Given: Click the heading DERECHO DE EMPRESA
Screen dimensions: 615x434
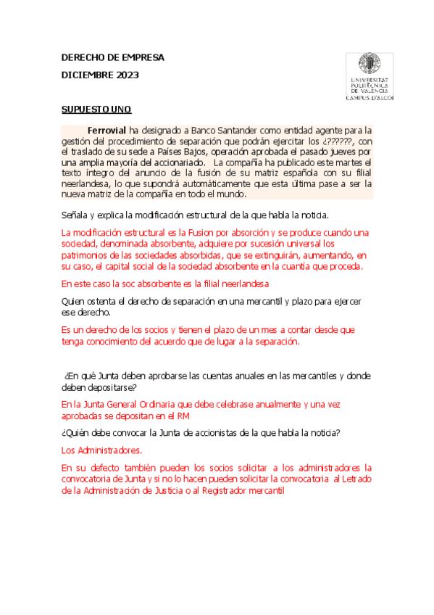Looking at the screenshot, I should tap(113, 57).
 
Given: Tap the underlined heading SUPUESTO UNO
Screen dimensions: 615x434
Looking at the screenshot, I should tap(96, 110).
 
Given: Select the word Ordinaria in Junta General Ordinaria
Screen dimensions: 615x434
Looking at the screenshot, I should tap(174, 404).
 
